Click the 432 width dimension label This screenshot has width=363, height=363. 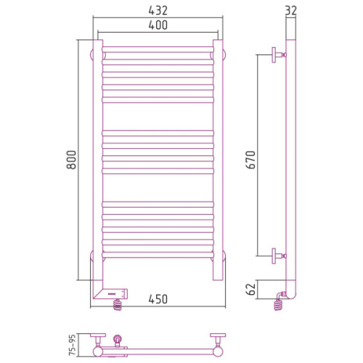158,10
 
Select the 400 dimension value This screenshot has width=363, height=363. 158,25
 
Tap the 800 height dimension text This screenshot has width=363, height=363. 71,160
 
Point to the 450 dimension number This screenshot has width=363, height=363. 158,299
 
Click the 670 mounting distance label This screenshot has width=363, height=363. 250,160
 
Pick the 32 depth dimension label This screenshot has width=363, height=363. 290,10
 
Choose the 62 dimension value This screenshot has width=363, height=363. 250,289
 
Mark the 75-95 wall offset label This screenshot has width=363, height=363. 73,345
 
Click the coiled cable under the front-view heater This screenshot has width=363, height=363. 118,305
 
